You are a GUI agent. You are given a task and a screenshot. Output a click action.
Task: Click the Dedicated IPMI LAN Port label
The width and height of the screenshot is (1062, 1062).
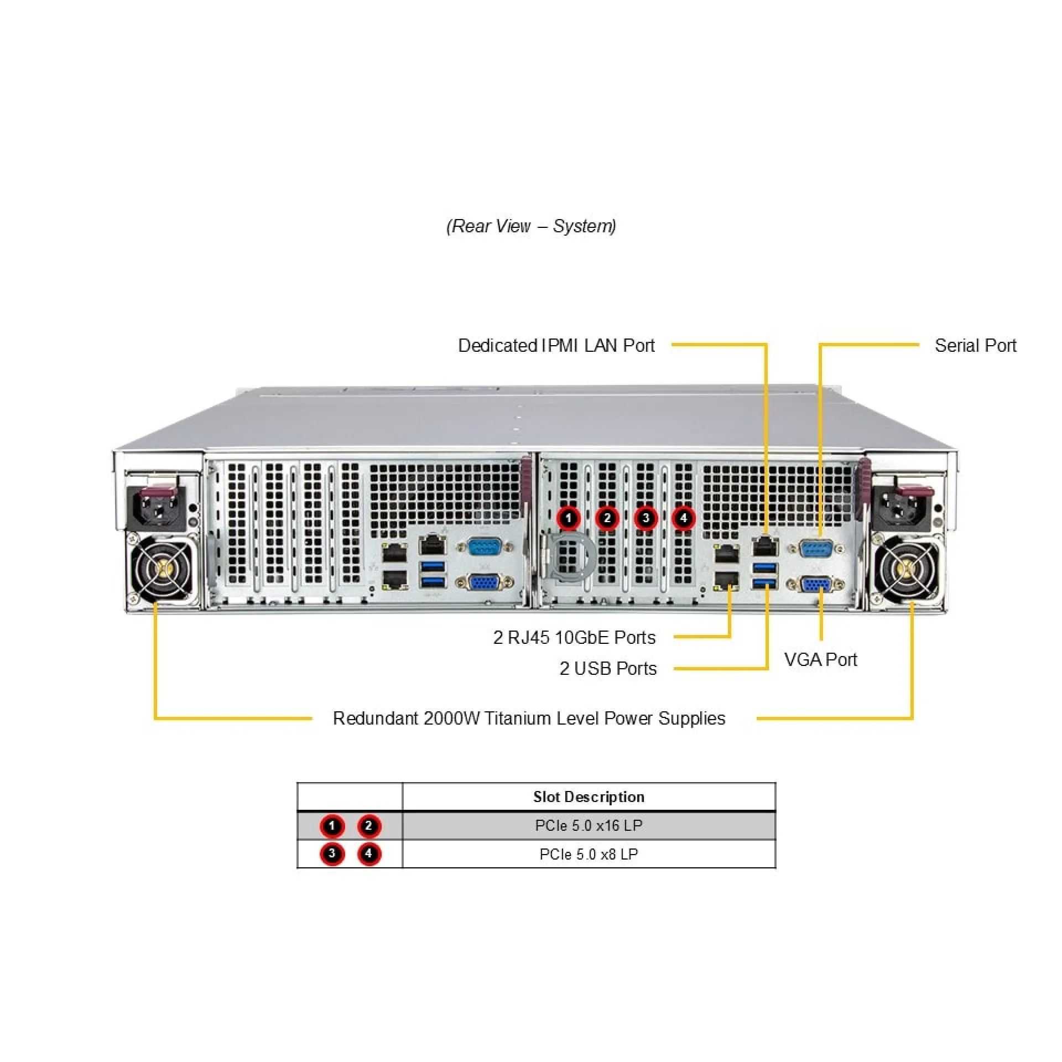tap(556, 346)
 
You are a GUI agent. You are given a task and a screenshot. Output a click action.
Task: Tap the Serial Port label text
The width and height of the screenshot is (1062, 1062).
tap(975, 346)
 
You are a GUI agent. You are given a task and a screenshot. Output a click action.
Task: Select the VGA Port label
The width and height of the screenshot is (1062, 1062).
tap(820, 659)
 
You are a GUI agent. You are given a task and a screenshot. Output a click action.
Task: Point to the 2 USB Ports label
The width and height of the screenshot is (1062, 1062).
tap(608, 668)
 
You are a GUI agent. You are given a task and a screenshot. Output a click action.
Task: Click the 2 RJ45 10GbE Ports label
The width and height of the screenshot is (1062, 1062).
tap(574, 637)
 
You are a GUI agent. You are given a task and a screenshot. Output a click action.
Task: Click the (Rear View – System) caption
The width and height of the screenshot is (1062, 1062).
tap(531, 226)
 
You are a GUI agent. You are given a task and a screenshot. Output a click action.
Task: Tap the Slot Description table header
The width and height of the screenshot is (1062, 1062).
tap(589, 796)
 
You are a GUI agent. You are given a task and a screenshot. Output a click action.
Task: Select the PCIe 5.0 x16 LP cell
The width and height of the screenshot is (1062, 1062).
tap(589, 825)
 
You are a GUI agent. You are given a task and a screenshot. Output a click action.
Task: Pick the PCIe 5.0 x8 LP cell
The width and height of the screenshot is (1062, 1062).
tap(589, 854)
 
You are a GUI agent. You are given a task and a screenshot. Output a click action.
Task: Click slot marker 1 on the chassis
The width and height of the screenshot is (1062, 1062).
tap(568, 518)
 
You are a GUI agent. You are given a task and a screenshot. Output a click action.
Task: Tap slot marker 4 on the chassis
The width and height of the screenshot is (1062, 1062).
tap(684, 518)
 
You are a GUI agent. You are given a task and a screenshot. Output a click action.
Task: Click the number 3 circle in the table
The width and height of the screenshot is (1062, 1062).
tap(332, 853)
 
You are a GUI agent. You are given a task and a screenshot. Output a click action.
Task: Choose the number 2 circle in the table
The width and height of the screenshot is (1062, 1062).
tap(368, 826)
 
